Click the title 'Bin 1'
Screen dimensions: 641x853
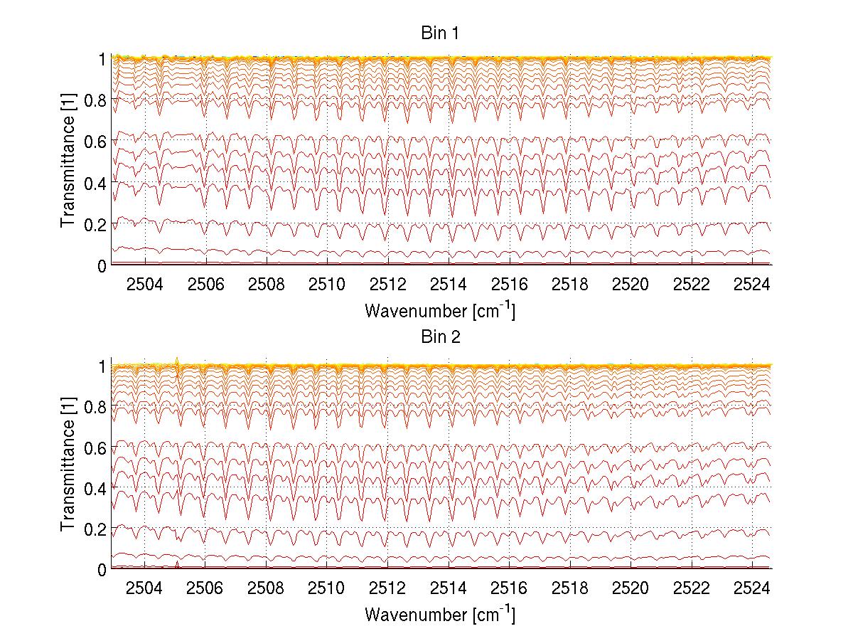tap(441, 33)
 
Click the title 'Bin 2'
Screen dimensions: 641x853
tap(441, 337)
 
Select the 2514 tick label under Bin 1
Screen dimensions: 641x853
tap(449, 285)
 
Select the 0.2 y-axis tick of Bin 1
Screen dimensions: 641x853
tap(95, 224)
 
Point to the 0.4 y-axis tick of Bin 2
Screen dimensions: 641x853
tap(95, 488)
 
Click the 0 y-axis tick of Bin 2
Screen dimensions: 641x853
tap(102, 569)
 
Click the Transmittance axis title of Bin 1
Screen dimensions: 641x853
tap(68, 161)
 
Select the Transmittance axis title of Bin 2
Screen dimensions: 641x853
tap(68, 466)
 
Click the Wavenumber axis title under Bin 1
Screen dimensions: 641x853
tap(439, 310)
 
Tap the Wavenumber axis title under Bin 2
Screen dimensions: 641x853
tap(439, 614)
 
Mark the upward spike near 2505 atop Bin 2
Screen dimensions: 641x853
tap(177, 360)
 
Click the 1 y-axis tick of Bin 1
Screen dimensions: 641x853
tap(102, 59)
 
